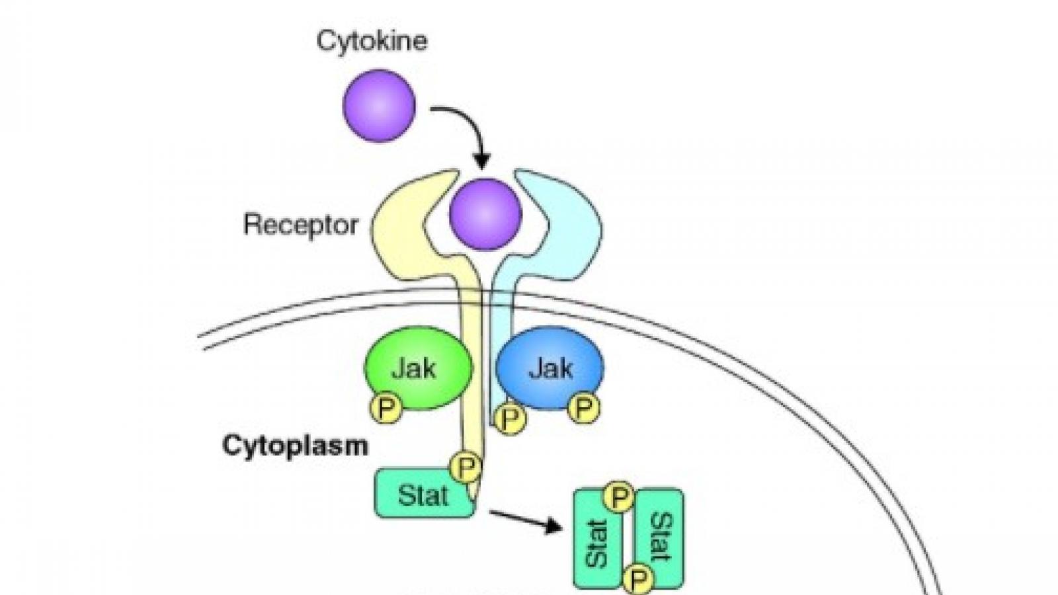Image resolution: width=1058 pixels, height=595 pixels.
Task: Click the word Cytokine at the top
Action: pyautogui.click(x=372, y=41)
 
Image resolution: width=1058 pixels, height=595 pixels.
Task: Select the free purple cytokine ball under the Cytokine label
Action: pyautogui.click(x=379, y=106)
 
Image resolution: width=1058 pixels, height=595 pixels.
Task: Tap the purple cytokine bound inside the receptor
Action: pyautogui.click(x=485, y=214)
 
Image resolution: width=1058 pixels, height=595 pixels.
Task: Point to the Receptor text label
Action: pyautogui.click(x=301, y=225)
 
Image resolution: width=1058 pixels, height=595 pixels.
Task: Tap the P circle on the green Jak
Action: pyautogui.click(x=386, y=408)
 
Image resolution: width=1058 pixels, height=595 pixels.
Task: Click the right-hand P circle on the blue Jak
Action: pyautogui.click(x=583, y=408)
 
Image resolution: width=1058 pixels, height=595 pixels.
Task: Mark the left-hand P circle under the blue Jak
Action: pyautogui.click(x=510, y=418)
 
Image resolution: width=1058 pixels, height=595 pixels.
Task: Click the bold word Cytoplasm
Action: pyautogui.click(x=295, y=446)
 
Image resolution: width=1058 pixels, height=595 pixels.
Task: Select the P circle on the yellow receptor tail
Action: pyautogui.click(x=466, y=468)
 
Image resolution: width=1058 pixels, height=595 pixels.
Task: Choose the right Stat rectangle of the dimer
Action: pyautogui.click(x=660, y=535)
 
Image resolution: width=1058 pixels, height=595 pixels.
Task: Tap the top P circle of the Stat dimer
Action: pyautogui.click(x=620, y=497)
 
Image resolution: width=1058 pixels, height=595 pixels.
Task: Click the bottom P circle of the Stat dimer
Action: pyautogui.click(x=637, y=580)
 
